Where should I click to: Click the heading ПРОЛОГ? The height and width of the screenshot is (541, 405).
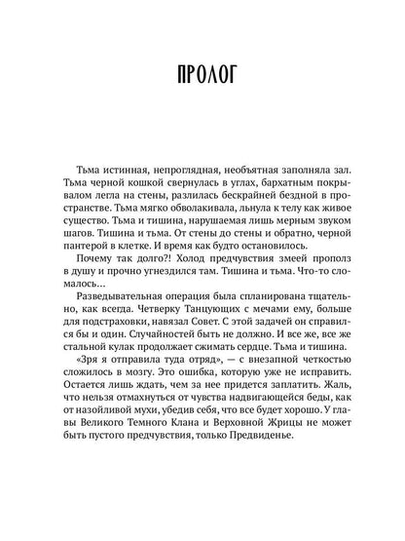click(202, 74)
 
